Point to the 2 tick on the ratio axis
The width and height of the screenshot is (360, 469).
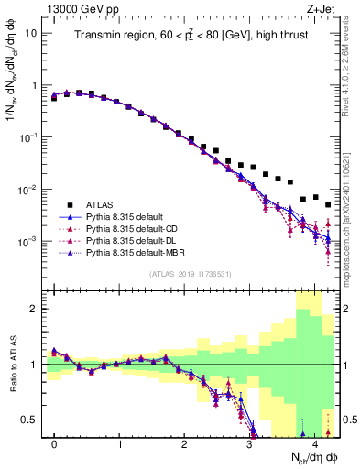pyautogui.click(x=35, y=309)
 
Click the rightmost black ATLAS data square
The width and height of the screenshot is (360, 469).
pyautogui.click(x=328, y=205)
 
